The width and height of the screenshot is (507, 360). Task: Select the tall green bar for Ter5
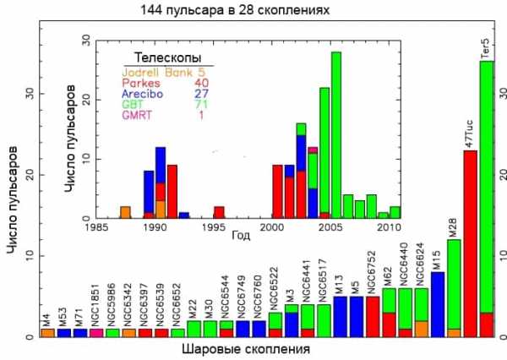[486, 186]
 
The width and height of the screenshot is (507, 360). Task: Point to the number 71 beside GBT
[203, 105]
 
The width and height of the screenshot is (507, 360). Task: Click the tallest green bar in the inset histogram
[336, 135]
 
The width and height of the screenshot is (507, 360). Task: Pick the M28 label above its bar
[454, 226]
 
